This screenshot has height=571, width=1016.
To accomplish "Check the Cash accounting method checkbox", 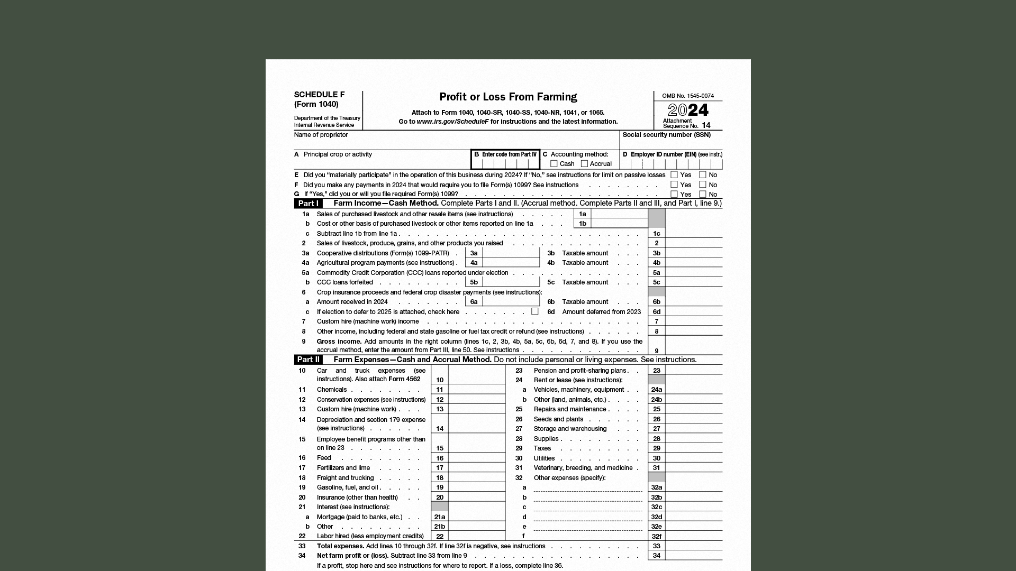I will pos(554,164).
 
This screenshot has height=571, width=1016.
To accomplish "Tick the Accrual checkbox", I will pos(584,164).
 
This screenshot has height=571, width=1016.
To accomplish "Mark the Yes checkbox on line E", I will pos(674,174).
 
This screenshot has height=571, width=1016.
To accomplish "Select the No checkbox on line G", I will pos(703,194).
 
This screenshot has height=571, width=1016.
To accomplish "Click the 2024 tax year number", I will pos(688,110).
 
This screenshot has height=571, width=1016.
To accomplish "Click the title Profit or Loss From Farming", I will pos(508,97).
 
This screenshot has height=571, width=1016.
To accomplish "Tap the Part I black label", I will pos(309,204).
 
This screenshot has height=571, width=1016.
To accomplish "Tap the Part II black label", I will pos(309,360).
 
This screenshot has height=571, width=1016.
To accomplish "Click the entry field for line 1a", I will pos(619,214).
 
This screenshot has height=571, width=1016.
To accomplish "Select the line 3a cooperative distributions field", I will pos(511,253).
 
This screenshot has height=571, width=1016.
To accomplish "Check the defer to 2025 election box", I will pos(535,311).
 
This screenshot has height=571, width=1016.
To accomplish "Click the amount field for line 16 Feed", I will pos(476,458).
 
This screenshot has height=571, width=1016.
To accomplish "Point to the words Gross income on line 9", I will pos(339,342).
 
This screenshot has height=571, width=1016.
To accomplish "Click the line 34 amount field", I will pos(693,555).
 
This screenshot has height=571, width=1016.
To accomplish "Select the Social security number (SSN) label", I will pos(666,135).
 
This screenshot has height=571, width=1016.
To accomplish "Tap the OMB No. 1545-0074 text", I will pos(688,96).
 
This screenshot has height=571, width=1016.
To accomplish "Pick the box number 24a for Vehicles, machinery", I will pos(656,390).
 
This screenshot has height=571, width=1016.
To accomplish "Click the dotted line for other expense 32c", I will pos(587,508).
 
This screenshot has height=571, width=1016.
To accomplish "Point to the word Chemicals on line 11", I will pos(332,390).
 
